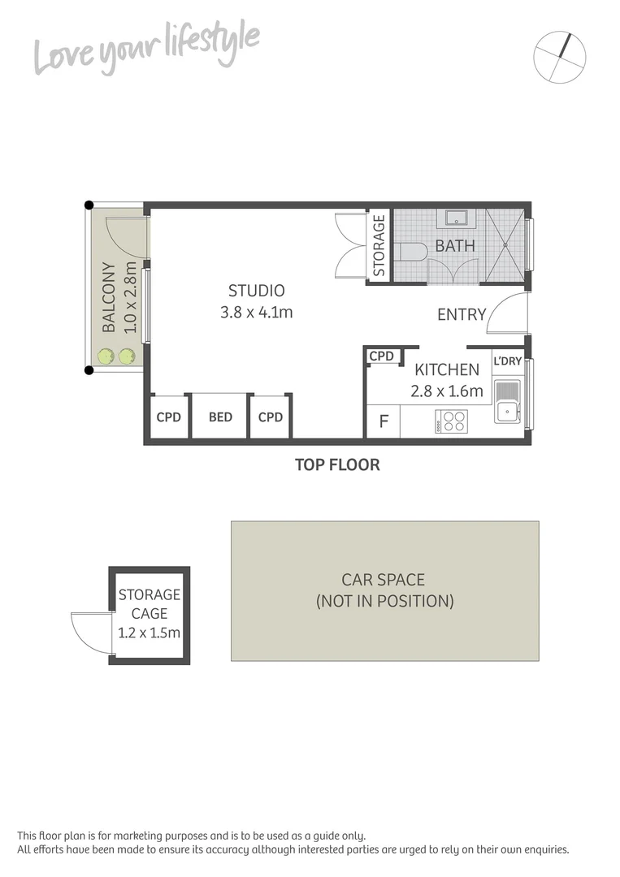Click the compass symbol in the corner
pos(560,56)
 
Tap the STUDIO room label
pos(256,291)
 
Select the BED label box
pos(220,417)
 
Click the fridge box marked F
pos(384,422)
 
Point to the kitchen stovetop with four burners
pos(452,421)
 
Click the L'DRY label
pos(508,361)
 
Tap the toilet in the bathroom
pos(413,252)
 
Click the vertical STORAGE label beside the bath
pos(379,244)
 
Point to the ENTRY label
pos(462,314)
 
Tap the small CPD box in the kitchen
pos(381,356)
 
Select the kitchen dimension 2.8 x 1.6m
pos(447,391)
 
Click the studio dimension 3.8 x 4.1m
pos(256,311)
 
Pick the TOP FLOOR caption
pos(337,465)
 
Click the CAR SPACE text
pos(383,580)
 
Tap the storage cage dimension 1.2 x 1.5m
pos(149,633)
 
